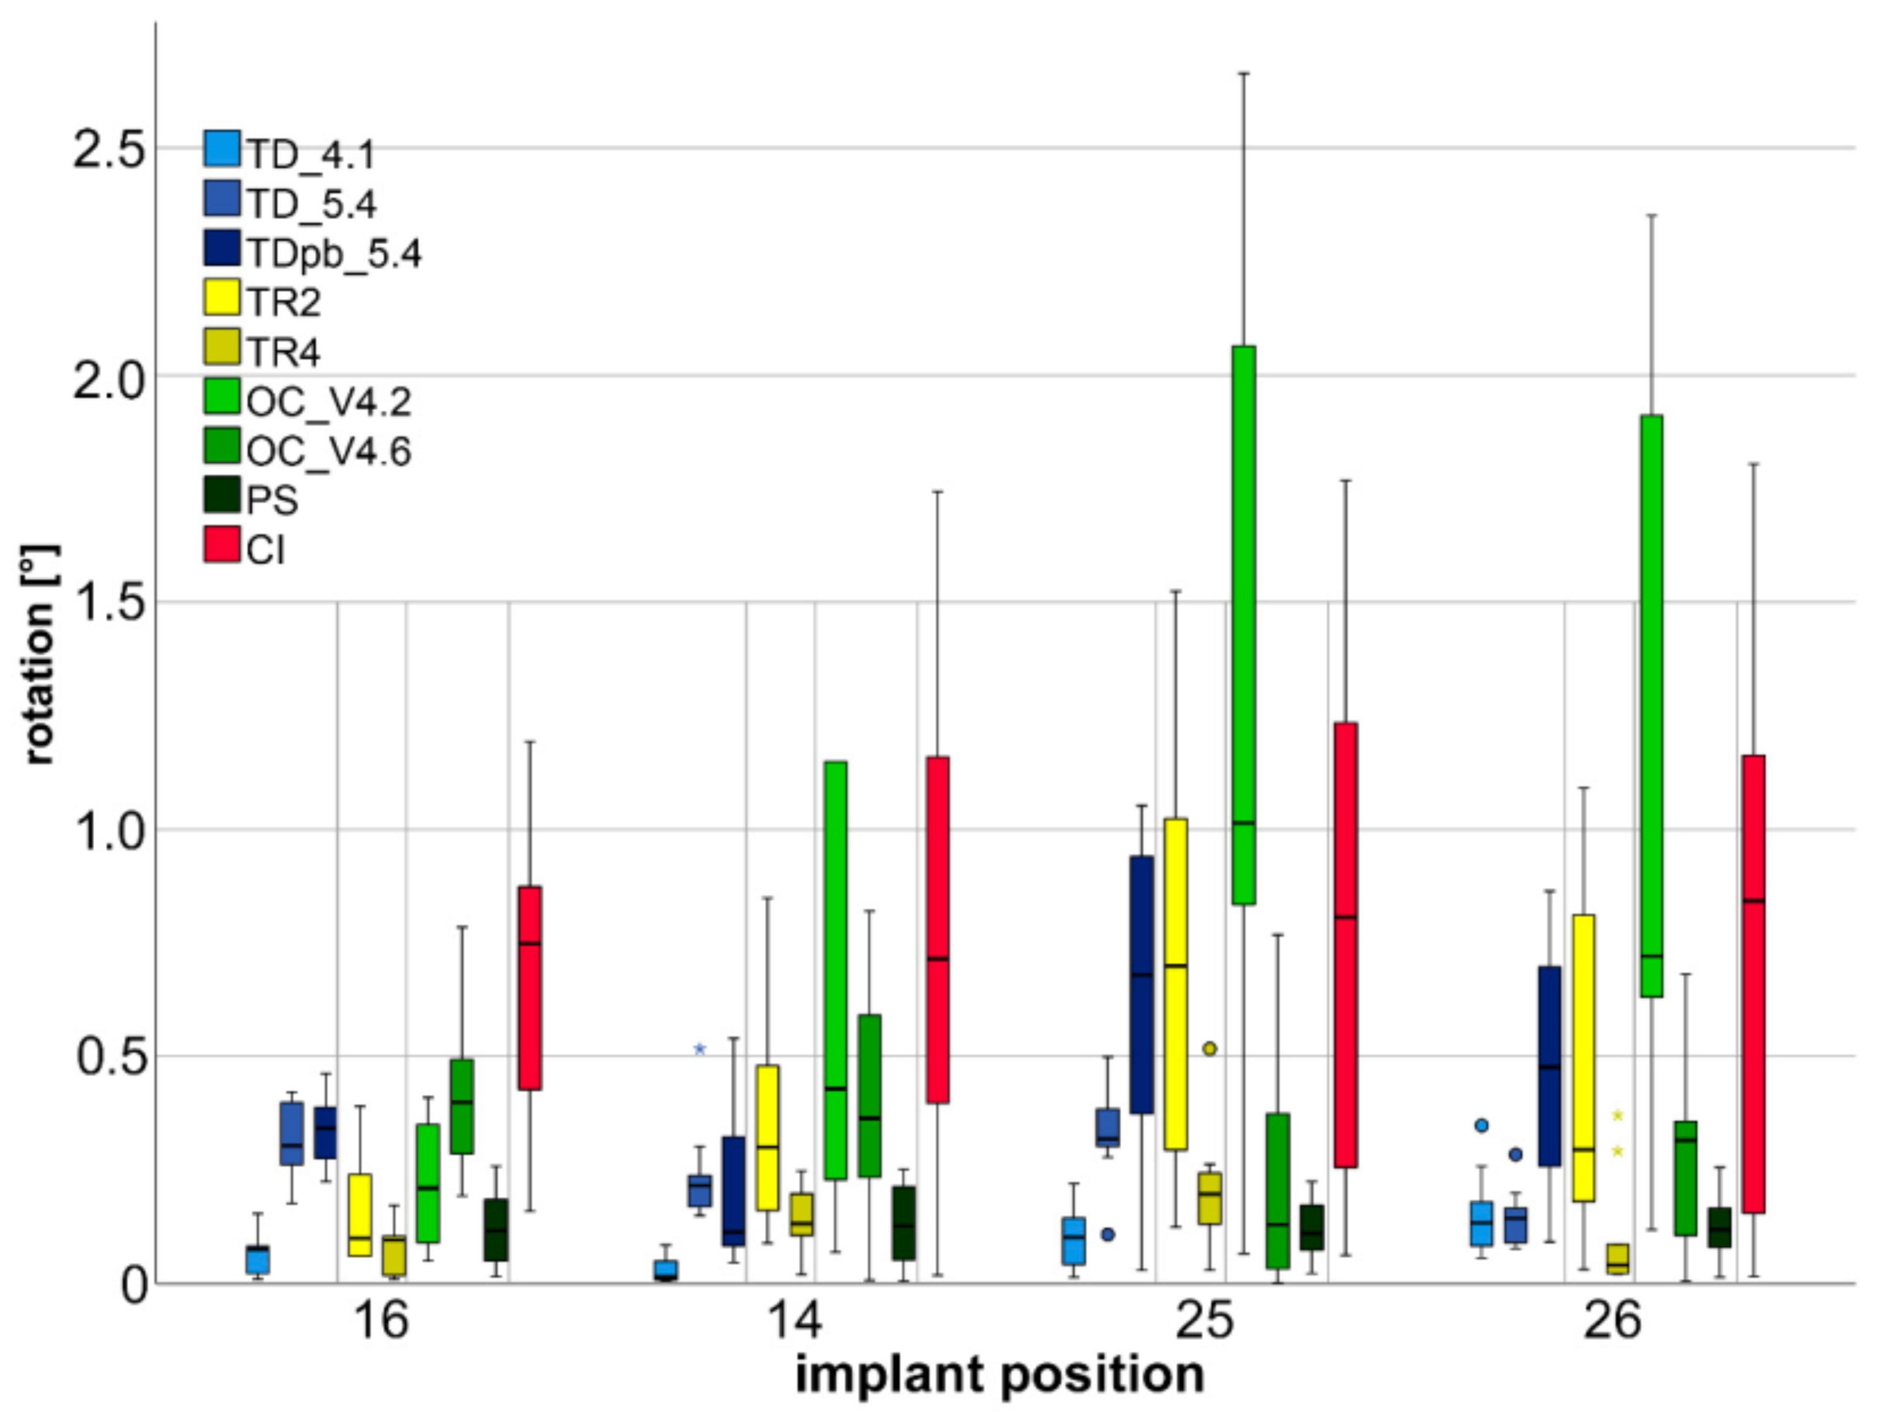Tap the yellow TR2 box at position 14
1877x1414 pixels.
768,1137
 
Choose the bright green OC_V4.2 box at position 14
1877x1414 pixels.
836,970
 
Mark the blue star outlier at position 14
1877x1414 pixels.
700,1049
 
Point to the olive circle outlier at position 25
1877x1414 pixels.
1210,1049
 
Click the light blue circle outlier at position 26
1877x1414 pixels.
1482,1125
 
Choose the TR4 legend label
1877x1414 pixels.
283,351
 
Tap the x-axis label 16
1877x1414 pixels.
381,1321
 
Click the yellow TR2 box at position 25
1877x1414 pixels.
1176,984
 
